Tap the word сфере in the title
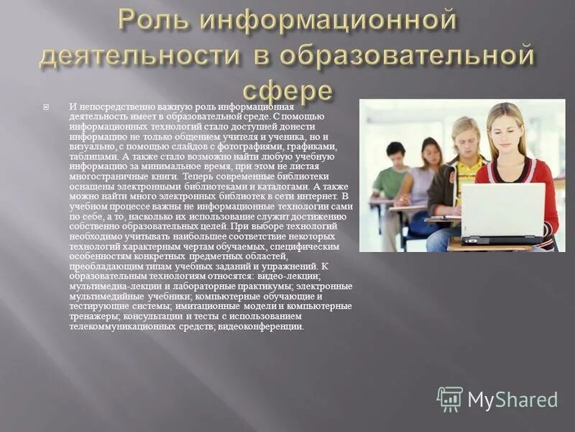pyautogui.click(x=287, y=91)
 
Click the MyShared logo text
pyautogui.click(x=512, y=400)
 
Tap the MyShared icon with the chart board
pyautogui.click(x=450, y=399)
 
